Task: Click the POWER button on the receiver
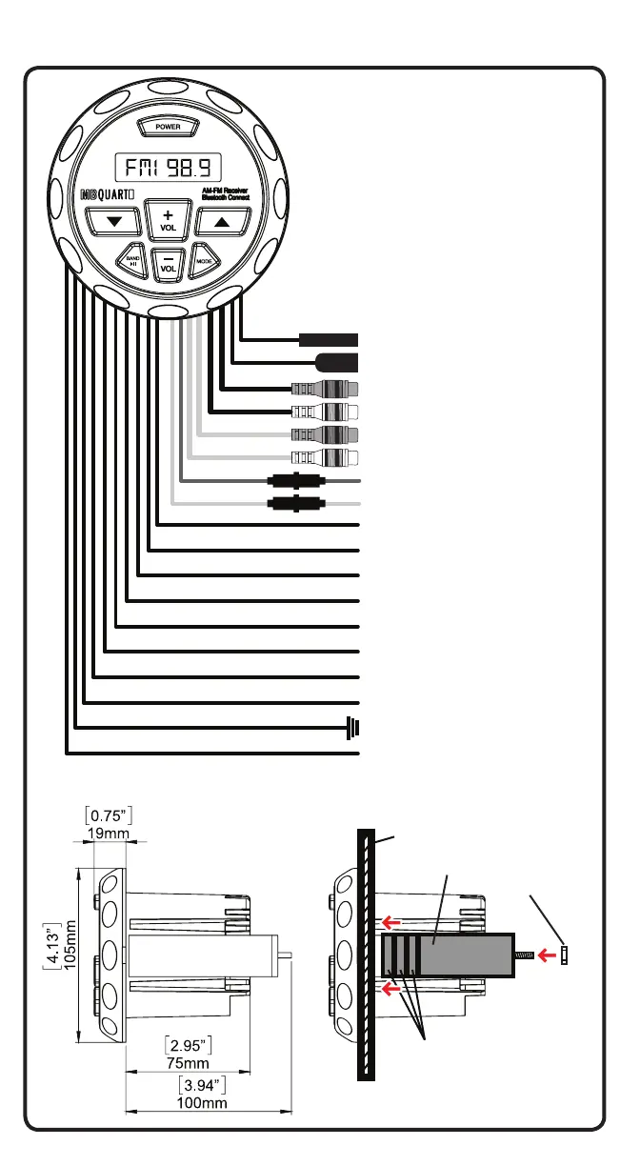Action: tap(168, 126)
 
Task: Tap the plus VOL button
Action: tap(168, 222)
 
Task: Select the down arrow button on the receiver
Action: tap(115, 222)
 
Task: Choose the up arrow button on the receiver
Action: tap(221, 222)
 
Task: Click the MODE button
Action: tap(204, 259)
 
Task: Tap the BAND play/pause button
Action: tap(133, 259)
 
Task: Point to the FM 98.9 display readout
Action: tap(169, 170)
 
